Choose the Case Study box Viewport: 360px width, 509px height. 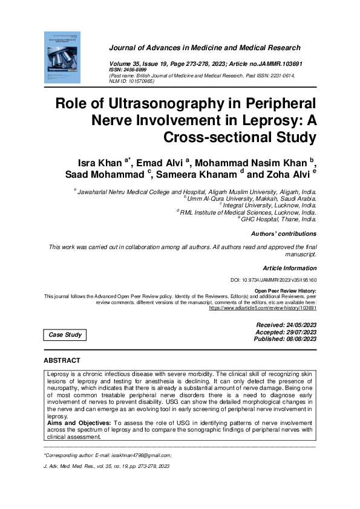pyautogui.click(x=64, y=335)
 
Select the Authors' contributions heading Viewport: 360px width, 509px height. pyautogui.click(x=283, y=233)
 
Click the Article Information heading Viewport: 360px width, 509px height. pyautogui.click(x=289, y=267)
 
